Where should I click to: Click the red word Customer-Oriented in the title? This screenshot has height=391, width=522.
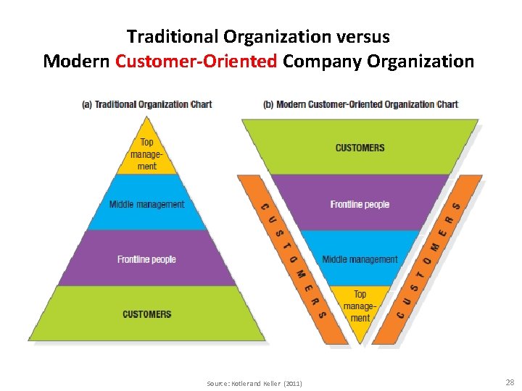click(196, 61)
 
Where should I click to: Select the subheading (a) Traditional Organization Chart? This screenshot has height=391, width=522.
click(146, 104)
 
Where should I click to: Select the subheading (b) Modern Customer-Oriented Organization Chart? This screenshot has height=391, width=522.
click(360, 104)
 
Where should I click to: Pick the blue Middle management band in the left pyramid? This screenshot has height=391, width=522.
click(146, 204)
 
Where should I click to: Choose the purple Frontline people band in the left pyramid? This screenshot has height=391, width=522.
click(146, 259)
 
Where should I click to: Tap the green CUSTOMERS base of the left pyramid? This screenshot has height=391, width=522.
click(146, 314)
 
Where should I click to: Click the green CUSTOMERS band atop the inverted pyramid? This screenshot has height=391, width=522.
click(360, 148)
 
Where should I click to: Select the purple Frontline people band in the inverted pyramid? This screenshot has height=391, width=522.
click(360, 204)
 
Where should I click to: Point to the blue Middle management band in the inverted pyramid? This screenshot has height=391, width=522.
click(360, 258)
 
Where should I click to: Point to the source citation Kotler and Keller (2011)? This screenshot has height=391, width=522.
click(254, 382)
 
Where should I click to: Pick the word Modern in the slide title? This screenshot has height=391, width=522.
click(76, 61)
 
